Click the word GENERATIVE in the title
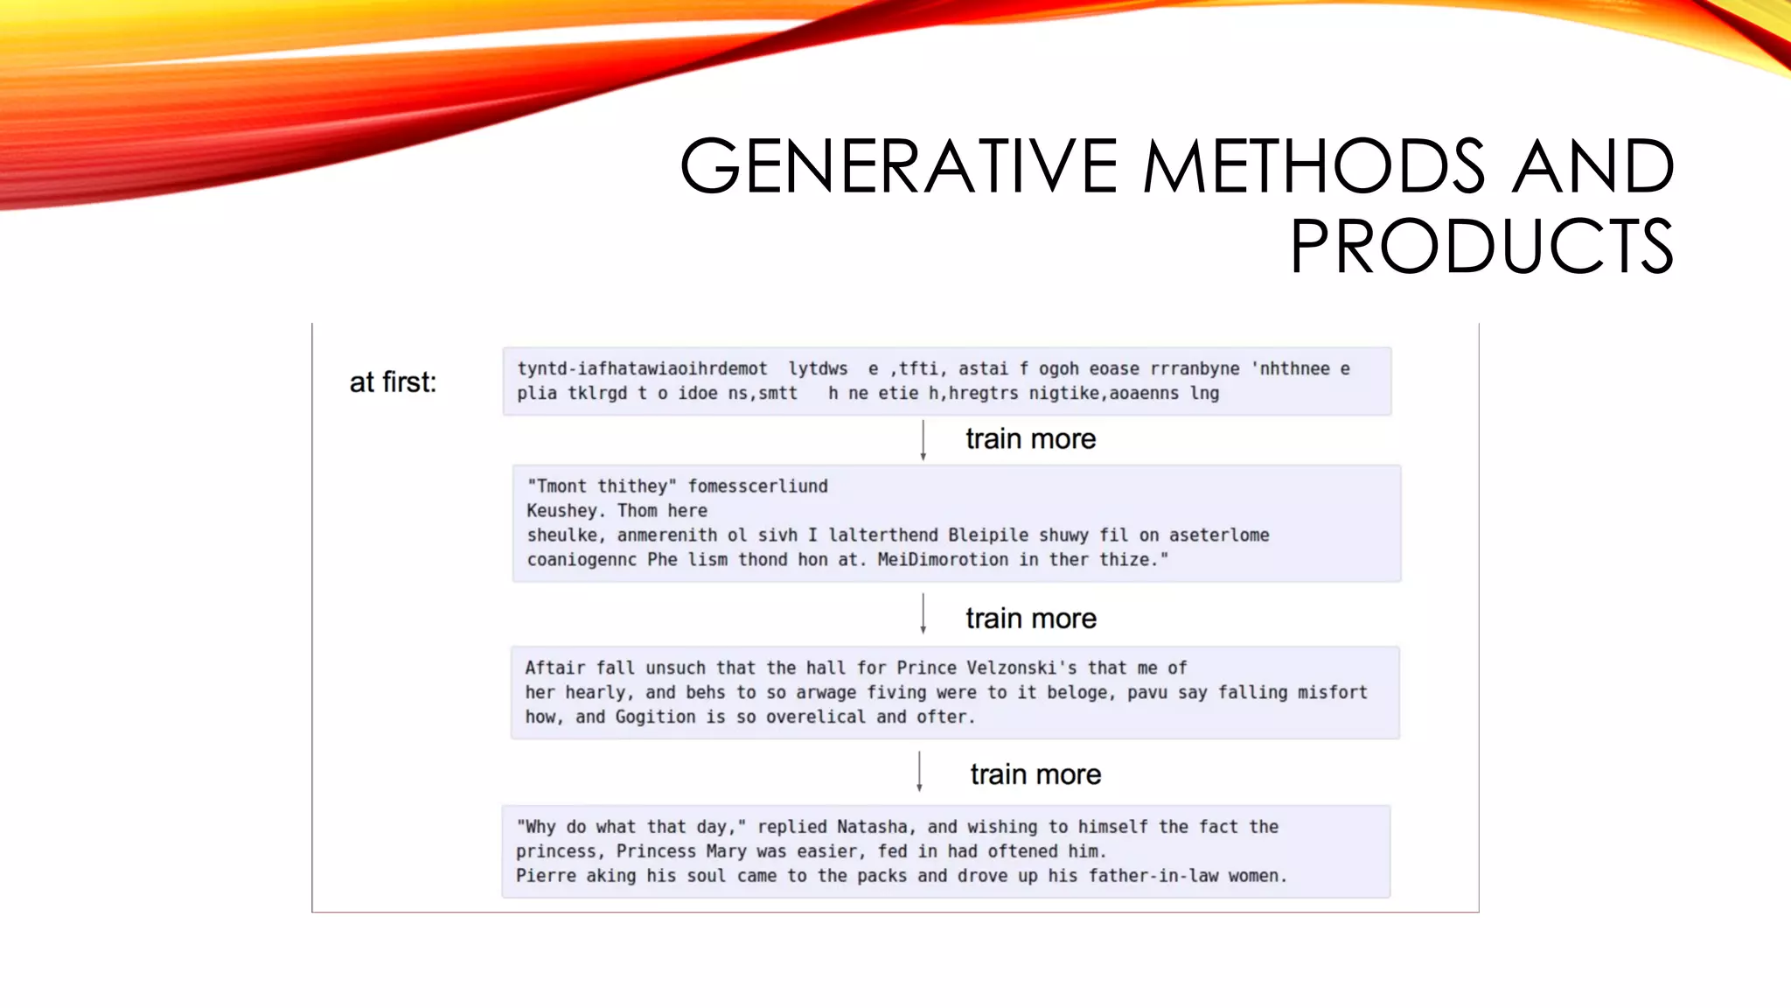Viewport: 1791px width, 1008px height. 899,166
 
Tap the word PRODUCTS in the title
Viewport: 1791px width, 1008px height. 1481,247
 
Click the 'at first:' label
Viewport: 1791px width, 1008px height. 393,382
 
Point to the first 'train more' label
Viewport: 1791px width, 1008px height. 1030,439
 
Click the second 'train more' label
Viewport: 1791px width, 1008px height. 1030,619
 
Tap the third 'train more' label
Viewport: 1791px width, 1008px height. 1035,774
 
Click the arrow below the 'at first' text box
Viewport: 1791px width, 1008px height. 923,440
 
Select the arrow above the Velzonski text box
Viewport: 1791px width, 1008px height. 923,613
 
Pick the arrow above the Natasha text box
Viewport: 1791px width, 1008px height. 919,771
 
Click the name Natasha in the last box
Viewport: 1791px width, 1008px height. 872,827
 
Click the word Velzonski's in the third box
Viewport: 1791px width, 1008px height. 1021,668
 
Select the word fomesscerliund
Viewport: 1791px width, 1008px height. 757,486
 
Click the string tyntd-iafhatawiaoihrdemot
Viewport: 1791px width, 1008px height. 642,369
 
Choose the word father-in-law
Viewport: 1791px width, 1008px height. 1153,876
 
